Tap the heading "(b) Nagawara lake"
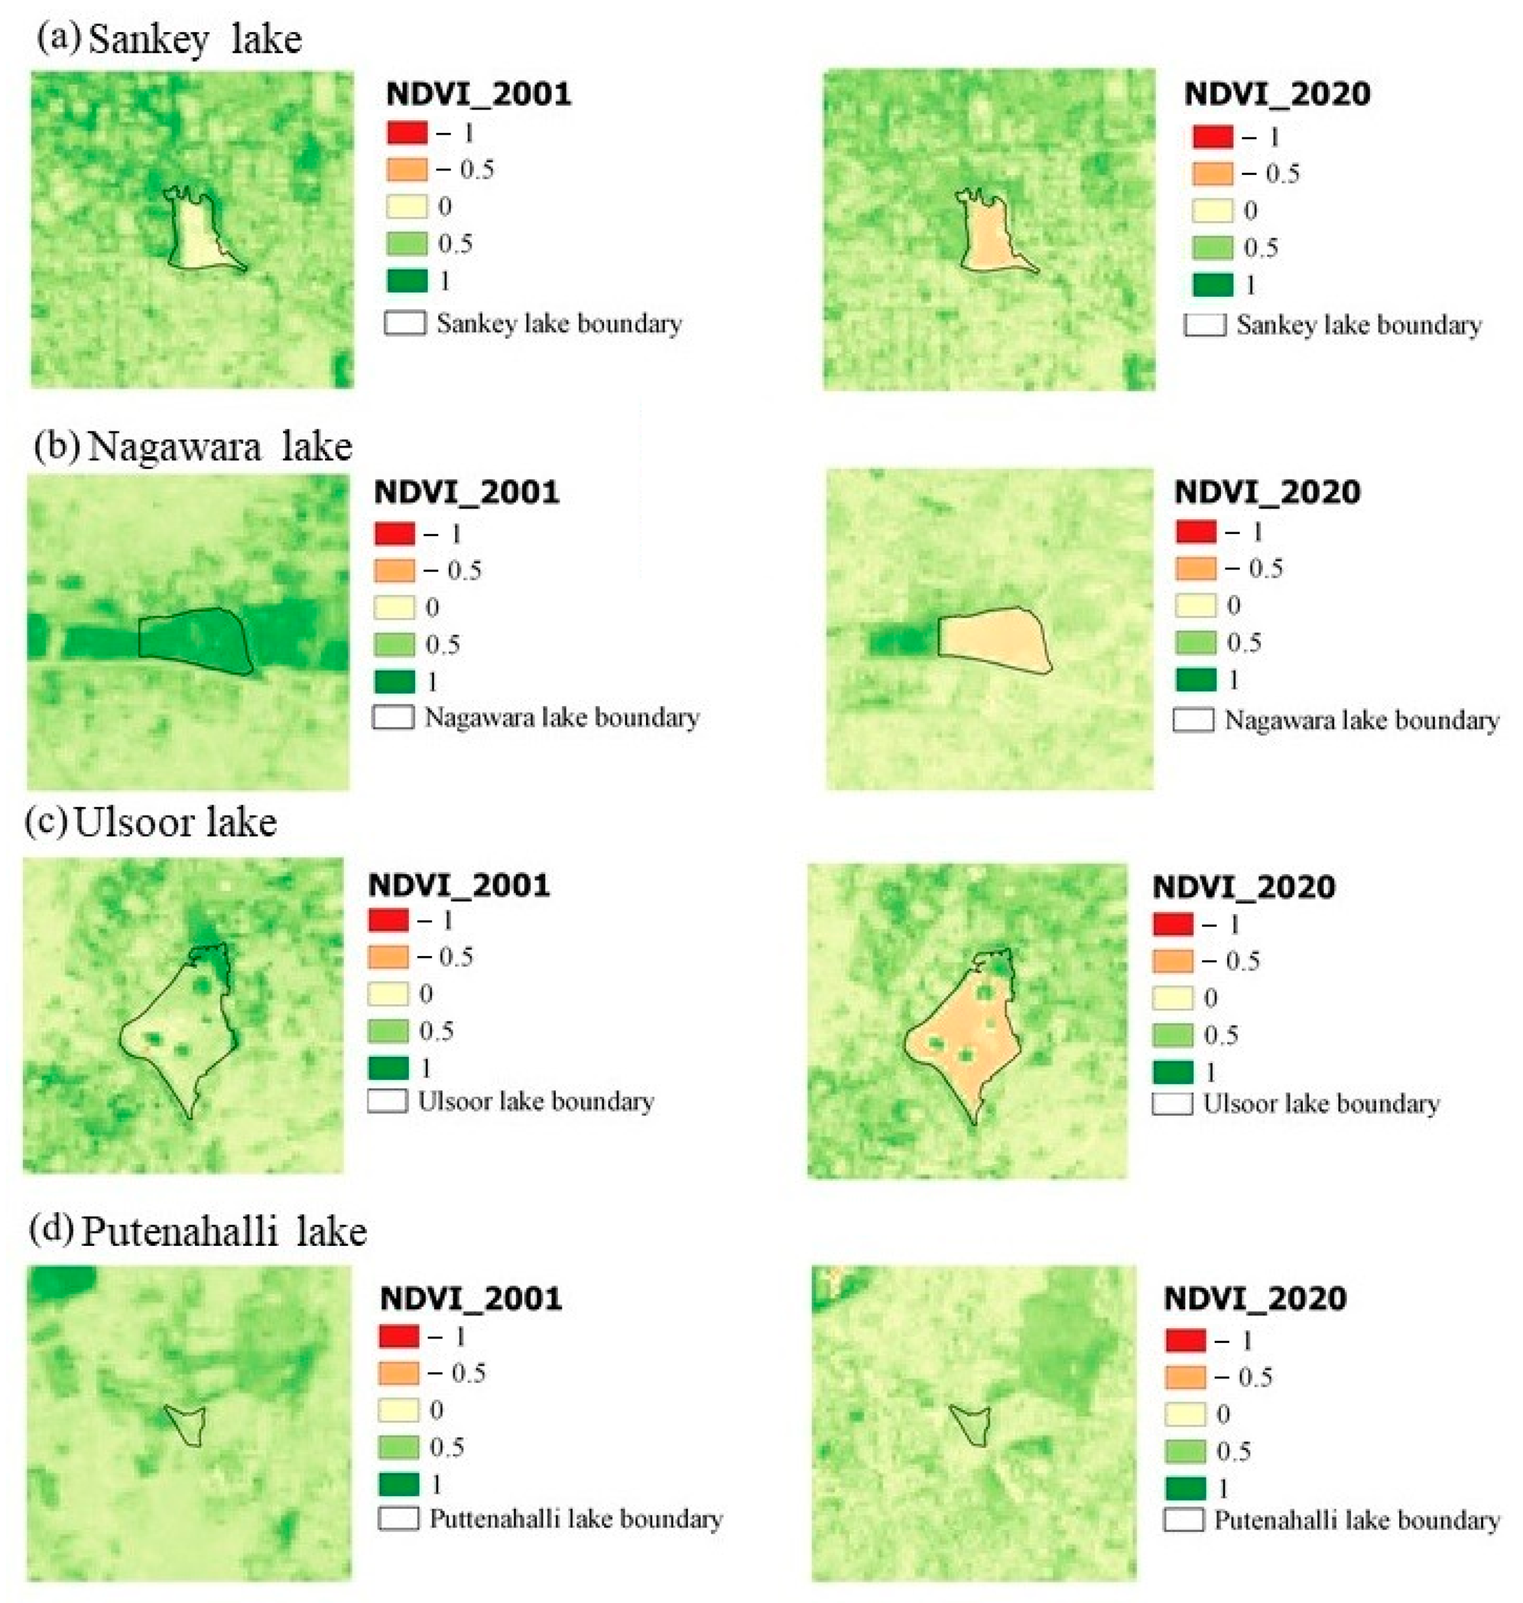(x=193, y=446)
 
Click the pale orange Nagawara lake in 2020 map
(x=995, y=641)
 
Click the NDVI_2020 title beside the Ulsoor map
(x=1244, y=887)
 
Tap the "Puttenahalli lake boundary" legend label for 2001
(x=575, y=1519)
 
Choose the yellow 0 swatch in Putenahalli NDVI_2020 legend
(x=1184, y=1414)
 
